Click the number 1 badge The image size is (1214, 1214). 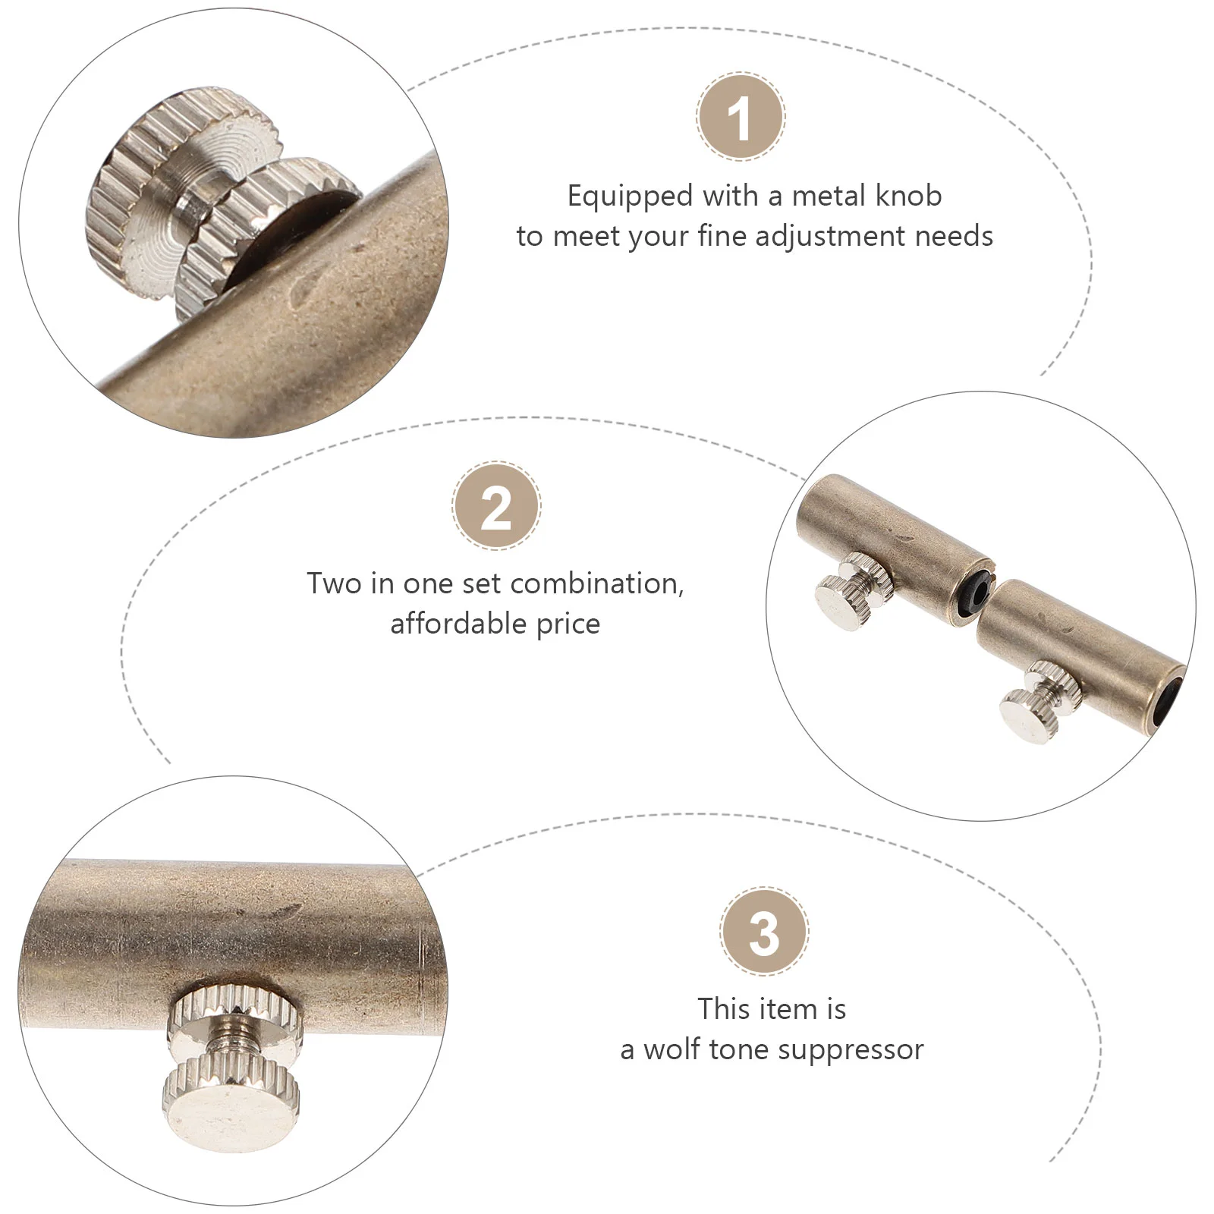coord(741,117)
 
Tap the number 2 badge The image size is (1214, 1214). coord(496,506)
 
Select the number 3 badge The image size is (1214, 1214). coord(764,933)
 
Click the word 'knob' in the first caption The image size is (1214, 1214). coord(909,196)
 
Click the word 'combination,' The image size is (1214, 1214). coord(597,583)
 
